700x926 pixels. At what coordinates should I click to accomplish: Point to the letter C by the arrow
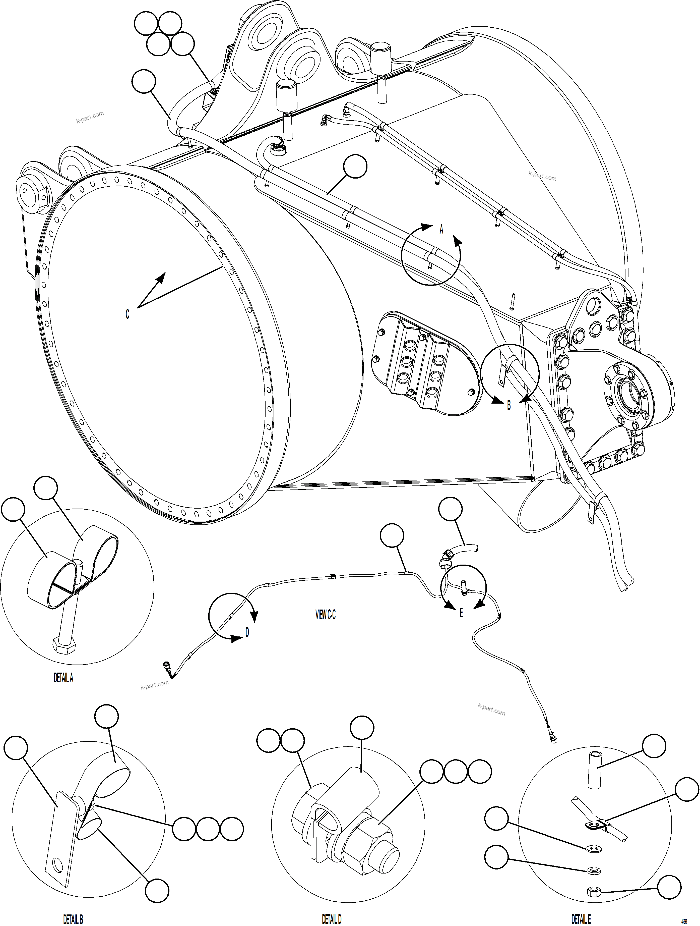click(127, 314)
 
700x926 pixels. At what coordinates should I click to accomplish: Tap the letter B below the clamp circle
click(509, 405)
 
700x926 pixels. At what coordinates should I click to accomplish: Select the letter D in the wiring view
click(247, 632)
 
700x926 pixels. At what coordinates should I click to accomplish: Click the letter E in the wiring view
click(461, 613)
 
